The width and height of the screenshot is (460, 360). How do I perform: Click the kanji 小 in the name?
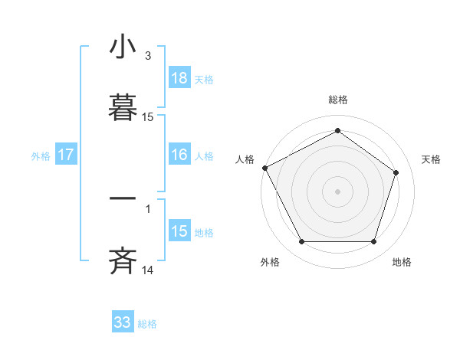[x=123, y=47]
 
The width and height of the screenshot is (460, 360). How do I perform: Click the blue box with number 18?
[x=179, y=78]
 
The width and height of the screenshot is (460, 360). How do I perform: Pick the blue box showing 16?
[x=179, y=155]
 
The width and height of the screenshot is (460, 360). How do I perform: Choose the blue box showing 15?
[x=179, y=231]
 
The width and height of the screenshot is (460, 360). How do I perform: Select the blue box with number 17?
[x=66, y=155]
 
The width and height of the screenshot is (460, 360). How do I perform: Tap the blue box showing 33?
[x=123, y=322]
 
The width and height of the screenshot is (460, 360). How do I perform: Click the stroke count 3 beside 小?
[x=148, y=56]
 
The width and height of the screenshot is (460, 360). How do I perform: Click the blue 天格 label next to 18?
[x=204, y=79]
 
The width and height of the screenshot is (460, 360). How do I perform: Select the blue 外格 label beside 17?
[x=41, y=155]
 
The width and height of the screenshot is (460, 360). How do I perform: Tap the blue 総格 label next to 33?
[x=147, y=323]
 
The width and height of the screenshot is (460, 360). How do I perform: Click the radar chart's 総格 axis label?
[x=337, y=100]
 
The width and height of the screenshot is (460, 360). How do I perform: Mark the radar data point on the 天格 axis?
[x=396, y=172]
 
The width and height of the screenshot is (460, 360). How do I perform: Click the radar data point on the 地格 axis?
[x=373, y=242]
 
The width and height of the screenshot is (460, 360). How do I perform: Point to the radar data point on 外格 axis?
[x=301, y=242]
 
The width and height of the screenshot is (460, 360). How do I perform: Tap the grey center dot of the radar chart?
[x=337, y=191]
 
